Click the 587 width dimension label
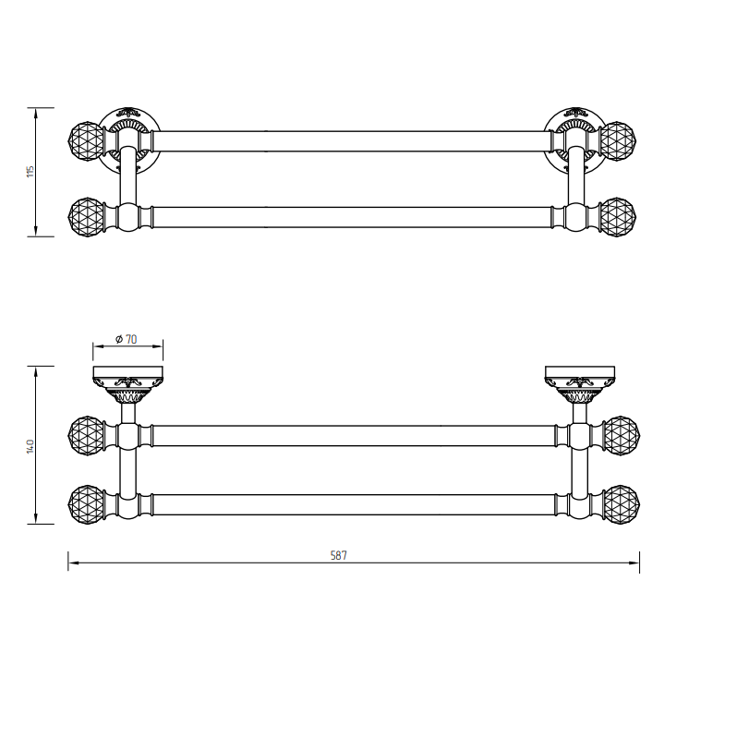(x=339, y=555)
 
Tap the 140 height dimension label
(x=30, y=446)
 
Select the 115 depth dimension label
(x=30, y=171)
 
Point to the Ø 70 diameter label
(x=127, y=339)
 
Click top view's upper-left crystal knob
(x=86, y=140)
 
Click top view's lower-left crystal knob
(x=86, y=217)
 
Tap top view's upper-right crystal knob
(x=619, y=140)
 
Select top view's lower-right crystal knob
(x=619, y=217)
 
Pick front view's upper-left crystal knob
(x=87, y=435)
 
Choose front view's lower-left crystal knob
(x=87, y=504)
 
